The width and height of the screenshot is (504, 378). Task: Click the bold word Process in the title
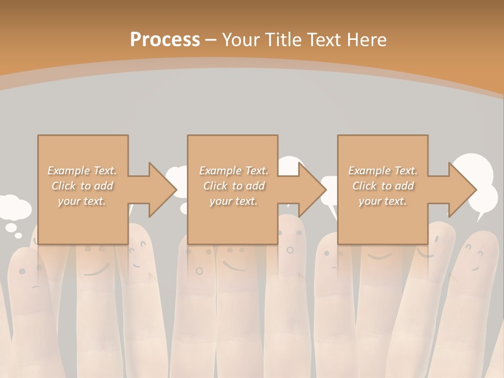tap(165, 39)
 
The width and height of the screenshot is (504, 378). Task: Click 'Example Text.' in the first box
tap(82, 171)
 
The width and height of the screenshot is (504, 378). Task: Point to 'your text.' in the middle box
tap(233, 201)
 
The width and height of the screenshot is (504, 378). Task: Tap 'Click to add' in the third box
tap(383, 186)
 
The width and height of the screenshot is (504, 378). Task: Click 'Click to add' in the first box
tap(82, 186)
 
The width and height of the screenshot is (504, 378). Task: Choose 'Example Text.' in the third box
tap(383, 171)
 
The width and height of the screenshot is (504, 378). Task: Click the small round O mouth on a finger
tap(199, 271)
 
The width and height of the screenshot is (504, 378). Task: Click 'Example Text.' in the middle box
tap(233, 171)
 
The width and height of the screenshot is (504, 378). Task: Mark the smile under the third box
tap(380, 257)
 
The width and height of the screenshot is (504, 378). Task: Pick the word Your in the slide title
tap(241, 39)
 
